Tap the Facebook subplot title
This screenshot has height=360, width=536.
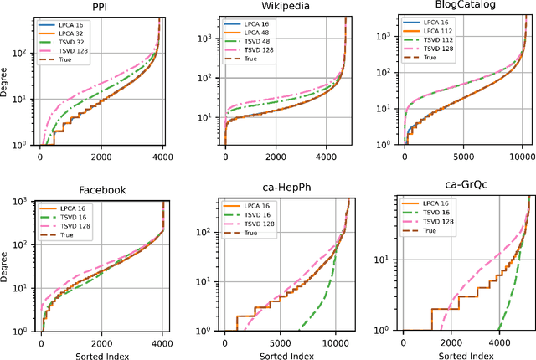click(x=100, y=190)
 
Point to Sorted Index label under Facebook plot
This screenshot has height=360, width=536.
click(x=100, y=353)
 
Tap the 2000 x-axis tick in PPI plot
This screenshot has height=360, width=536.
click(x=100, y=157)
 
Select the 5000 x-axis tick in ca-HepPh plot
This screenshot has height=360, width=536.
click(x=276, y=342)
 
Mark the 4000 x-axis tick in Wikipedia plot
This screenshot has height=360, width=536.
click(x=329, y=157)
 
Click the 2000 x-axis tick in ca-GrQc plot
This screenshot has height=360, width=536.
click(x=451, y=342)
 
